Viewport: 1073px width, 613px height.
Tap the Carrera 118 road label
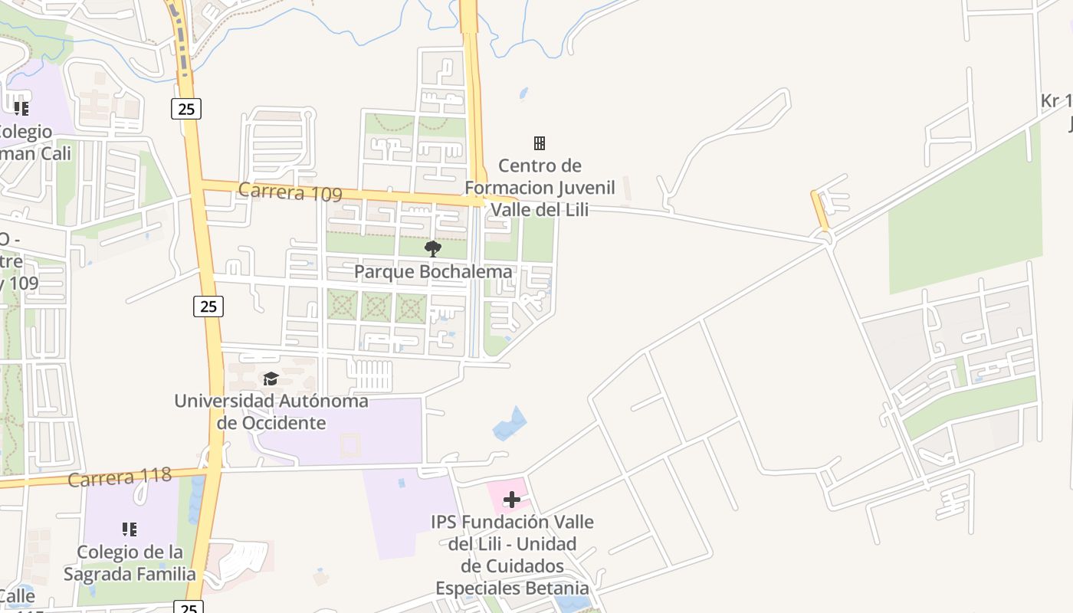120,477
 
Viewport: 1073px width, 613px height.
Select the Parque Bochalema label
433,272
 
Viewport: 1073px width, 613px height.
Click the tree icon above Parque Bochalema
433,248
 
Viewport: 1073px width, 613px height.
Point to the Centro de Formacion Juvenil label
540,188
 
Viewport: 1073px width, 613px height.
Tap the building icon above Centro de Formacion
540,143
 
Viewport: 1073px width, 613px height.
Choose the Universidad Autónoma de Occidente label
271,411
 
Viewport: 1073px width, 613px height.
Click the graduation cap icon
271,379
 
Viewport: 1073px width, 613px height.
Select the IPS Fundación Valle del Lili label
512,555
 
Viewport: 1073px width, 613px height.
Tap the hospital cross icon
512,500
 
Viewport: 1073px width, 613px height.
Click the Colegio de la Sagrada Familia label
130,562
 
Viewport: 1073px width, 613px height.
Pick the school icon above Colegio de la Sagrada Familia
130,529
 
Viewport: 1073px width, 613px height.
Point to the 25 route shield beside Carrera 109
186,109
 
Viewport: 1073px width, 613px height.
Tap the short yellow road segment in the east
820,210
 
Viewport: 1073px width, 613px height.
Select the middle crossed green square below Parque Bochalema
376,307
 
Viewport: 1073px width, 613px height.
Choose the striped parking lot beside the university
370,375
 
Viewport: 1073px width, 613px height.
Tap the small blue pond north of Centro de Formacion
523,93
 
